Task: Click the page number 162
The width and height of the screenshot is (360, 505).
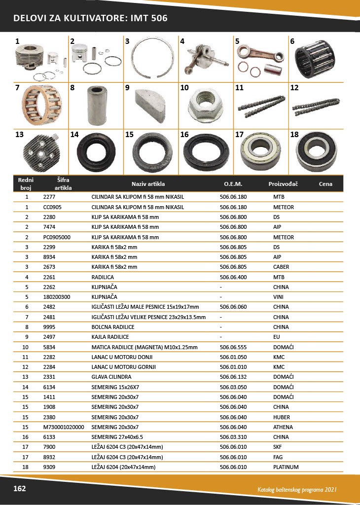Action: [x=19, y=488]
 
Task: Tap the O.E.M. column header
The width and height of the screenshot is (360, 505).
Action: [x=233, y=184]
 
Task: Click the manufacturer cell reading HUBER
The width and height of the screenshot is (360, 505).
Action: [x=282, y=417]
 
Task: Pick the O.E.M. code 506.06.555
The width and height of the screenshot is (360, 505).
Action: [x=233, y=347]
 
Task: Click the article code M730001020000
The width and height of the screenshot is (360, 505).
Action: [x=64, y=427]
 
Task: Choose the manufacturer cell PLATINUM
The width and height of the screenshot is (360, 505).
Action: [x=286, y=467]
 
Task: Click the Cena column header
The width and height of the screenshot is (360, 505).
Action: [x=325, y=184]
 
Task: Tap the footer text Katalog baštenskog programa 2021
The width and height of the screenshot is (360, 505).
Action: [x=297, y=490]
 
